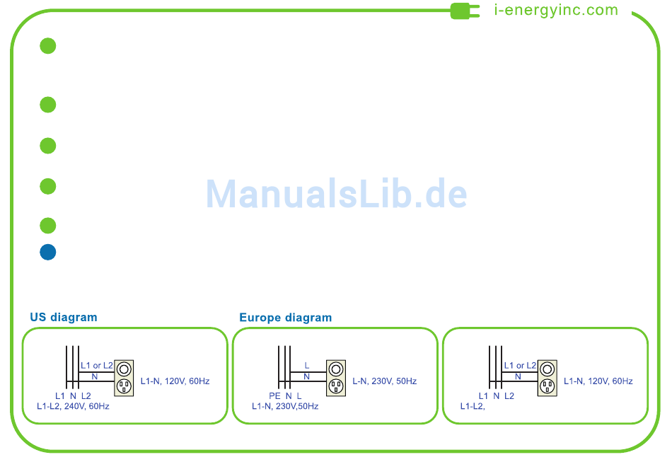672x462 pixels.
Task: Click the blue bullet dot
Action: (x=47, y=252)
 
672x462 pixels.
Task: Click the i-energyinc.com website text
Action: (x=556, y=10)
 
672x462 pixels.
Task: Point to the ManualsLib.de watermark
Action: (x=337, y=193)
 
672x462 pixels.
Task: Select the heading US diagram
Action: (x=64, y=317)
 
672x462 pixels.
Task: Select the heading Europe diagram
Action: (x=285, y=318)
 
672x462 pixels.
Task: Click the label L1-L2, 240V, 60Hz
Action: (x=73, y=406)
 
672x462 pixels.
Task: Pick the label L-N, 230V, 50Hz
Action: (x=384, y=381)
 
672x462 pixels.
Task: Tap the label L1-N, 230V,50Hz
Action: (x=285, y=406)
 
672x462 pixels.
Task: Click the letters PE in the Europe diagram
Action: (x=274, y=395)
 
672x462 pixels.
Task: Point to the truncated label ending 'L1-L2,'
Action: (x=473, y=406)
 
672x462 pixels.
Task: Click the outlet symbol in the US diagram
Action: (x=124, y=377)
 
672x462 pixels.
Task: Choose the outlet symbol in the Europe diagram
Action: (x=335, y=377)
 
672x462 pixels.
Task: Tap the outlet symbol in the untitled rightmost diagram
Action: (x=546, y=377)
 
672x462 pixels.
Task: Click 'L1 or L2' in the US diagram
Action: (x=97, y=366)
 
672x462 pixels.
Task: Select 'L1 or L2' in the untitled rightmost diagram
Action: (x=520, y=366)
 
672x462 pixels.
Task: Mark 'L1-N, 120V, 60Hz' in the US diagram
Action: (x=175, y=381)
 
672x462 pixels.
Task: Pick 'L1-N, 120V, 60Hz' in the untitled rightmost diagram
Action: (x=598, y=381)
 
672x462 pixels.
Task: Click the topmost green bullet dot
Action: (x=47, y=46)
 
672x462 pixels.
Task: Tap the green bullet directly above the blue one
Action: (x=47, y=226)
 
